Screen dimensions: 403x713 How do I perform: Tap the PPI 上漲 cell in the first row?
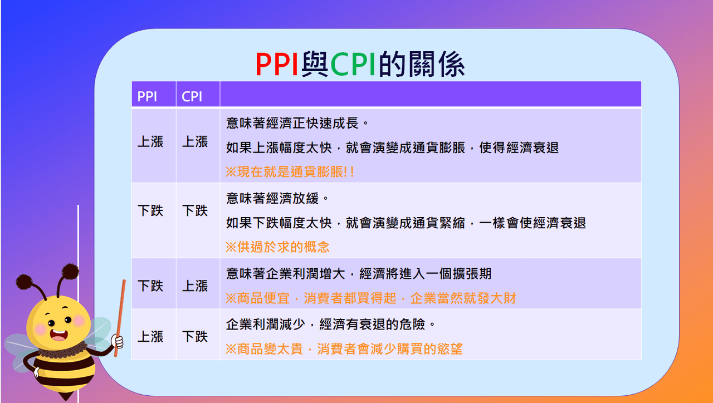(x=150, y=142)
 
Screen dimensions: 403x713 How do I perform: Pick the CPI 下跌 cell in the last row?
(x=195, y=337)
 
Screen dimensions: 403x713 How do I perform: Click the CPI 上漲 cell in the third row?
(x=195, y=286)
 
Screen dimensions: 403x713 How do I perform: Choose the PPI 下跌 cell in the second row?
(x=150, y=211)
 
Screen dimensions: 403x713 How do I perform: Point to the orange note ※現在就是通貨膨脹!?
(x=290, y=171)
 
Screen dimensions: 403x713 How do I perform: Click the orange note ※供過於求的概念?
(x=277, y=247)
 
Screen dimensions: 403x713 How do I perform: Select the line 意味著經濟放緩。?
(x=278, y=198)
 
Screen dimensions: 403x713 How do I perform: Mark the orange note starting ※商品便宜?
(x=370, y=298)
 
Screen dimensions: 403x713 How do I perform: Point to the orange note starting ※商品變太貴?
(x=344, y=350)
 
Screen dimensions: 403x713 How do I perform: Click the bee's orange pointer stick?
(x=120, y=317)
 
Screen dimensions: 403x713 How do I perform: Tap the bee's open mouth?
(x=58, y=335)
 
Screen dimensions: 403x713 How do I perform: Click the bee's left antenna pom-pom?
(x=26, y=281)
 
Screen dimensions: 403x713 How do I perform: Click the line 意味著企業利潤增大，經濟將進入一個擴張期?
(x=359, y=273)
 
